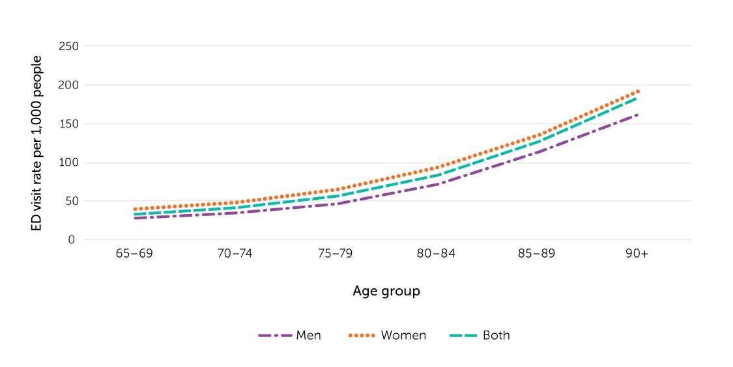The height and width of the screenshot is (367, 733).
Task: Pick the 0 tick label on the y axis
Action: pyautogui.click(x=72, y=240)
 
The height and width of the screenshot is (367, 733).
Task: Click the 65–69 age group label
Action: pyautogui.click(x=134, y=254)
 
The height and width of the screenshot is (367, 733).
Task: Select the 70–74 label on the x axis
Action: pyautogui.click(x=235, y=254)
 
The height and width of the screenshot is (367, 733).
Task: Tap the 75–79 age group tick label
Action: pyautogui.click(x=336, y=254)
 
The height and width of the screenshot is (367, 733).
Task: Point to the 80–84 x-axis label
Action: pyautogui.click(x=436, y=254)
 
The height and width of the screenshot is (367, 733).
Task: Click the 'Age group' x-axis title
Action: pyautogui.click(x=386, y=291)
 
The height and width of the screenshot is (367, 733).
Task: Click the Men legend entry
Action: pyautogui.click(x=289, y=336)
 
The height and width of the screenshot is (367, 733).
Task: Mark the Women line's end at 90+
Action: pyautogui.click(x=637, y=91)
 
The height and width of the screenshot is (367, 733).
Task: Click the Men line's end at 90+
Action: pyautogui.click(x=637, y=115)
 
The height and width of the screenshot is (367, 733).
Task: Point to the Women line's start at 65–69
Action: pyautogui.click(x=134, y=210)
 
